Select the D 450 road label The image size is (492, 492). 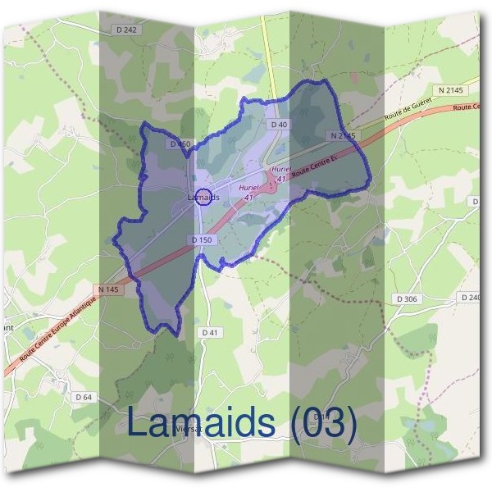pos(180,144)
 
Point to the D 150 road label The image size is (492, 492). pos(202,239)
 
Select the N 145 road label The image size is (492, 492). pos(107,289)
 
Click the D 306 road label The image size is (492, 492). pos(404,298)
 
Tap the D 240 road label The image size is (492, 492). pos(471,298)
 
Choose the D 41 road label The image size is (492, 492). pos(209,332)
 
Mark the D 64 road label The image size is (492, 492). pos(83,397)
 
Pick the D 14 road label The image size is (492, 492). pos(322,417)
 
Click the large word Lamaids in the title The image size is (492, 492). pos(200,423)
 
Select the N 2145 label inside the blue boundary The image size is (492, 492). pos(344,134)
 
